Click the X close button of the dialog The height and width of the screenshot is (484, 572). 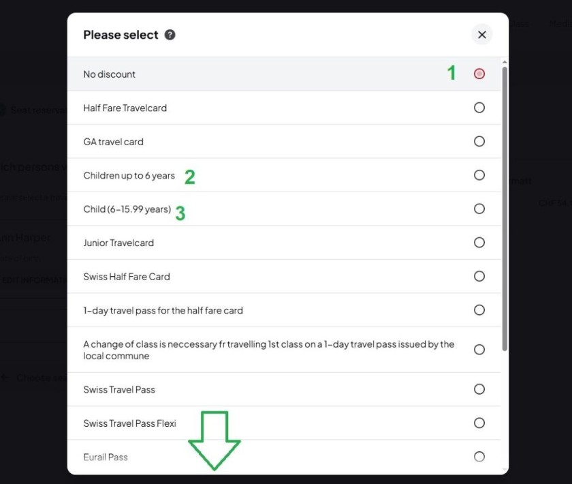(x=481, y=35)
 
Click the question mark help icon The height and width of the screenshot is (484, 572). (x=170, y=35)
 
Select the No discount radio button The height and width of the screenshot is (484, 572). (x=479, y=74)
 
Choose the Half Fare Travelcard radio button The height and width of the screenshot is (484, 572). (x=479, y=108)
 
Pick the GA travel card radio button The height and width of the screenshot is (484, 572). (x=479, y=142)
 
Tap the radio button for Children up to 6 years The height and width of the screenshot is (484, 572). (x=479, y=175)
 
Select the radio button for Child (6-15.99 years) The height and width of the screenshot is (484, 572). (x=479, y=209)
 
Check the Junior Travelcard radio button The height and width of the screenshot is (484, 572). (x=479, y=243)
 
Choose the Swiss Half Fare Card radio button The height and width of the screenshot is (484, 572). (x=479, y=276)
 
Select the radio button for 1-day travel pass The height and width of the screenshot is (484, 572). (x=479, y=310)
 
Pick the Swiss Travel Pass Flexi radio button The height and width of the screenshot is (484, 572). (x=479, y=423)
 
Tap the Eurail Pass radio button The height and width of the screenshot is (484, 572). (x=479, y=457)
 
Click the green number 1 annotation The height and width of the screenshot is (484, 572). (x=451, y=73)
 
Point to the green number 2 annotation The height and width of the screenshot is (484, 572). (x=190, y=177)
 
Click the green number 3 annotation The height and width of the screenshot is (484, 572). (x=180, y=213)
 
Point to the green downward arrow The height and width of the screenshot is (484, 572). (x=214, y=440)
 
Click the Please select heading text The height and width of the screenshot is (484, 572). (x=121, y=35)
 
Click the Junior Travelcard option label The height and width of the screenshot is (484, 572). (x=118, y=243)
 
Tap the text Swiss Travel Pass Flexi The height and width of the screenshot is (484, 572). (x=129, y=423)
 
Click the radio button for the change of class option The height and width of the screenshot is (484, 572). (x=479, y=350)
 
